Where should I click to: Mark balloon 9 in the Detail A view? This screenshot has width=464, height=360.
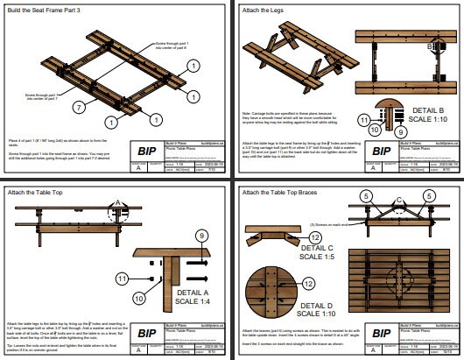201,236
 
